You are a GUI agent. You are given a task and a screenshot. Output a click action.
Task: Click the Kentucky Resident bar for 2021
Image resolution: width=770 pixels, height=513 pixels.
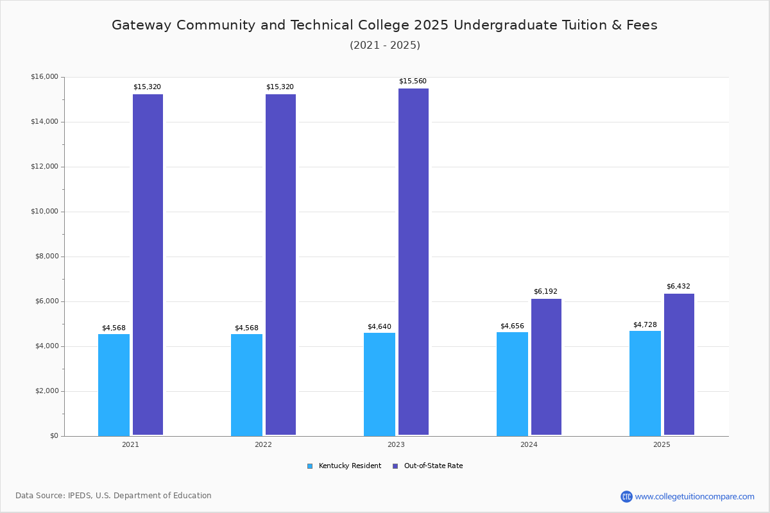tap(114, 385)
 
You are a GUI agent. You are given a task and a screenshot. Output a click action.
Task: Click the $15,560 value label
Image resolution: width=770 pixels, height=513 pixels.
tap(413, 81)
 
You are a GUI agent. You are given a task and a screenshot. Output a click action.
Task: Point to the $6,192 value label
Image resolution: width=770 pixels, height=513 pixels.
tap(545, 292)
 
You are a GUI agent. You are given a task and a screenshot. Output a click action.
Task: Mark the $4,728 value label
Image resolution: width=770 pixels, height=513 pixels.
tap(645, 325)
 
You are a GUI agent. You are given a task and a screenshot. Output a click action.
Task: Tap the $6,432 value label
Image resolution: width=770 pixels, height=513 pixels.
tap(678, 287)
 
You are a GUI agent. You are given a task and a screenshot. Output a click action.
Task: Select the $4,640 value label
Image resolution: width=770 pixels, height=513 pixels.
tap(379, 327)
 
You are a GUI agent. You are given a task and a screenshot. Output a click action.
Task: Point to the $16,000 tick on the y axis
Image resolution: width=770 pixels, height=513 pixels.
tap(44, 77)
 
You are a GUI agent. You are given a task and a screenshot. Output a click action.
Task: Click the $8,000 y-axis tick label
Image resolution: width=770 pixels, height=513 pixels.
tap(46, 256)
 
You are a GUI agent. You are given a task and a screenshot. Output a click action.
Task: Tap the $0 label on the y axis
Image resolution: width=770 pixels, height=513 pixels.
tap(54, 436)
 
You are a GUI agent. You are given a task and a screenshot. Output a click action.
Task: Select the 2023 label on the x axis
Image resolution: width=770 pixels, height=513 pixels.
tap(396, 444)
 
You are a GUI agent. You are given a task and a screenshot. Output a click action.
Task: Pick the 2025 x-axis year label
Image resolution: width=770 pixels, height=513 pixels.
tap(662, 444)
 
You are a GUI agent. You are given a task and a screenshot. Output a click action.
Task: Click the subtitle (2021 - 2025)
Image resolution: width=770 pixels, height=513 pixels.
tap(385, 46)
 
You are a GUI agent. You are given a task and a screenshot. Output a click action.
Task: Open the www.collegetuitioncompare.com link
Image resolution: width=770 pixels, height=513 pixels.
tap(694, 496)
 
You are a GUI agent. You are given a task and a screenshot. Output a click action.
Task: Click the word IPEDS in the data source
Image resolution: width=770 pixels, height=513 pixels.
tap(80, 496)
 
